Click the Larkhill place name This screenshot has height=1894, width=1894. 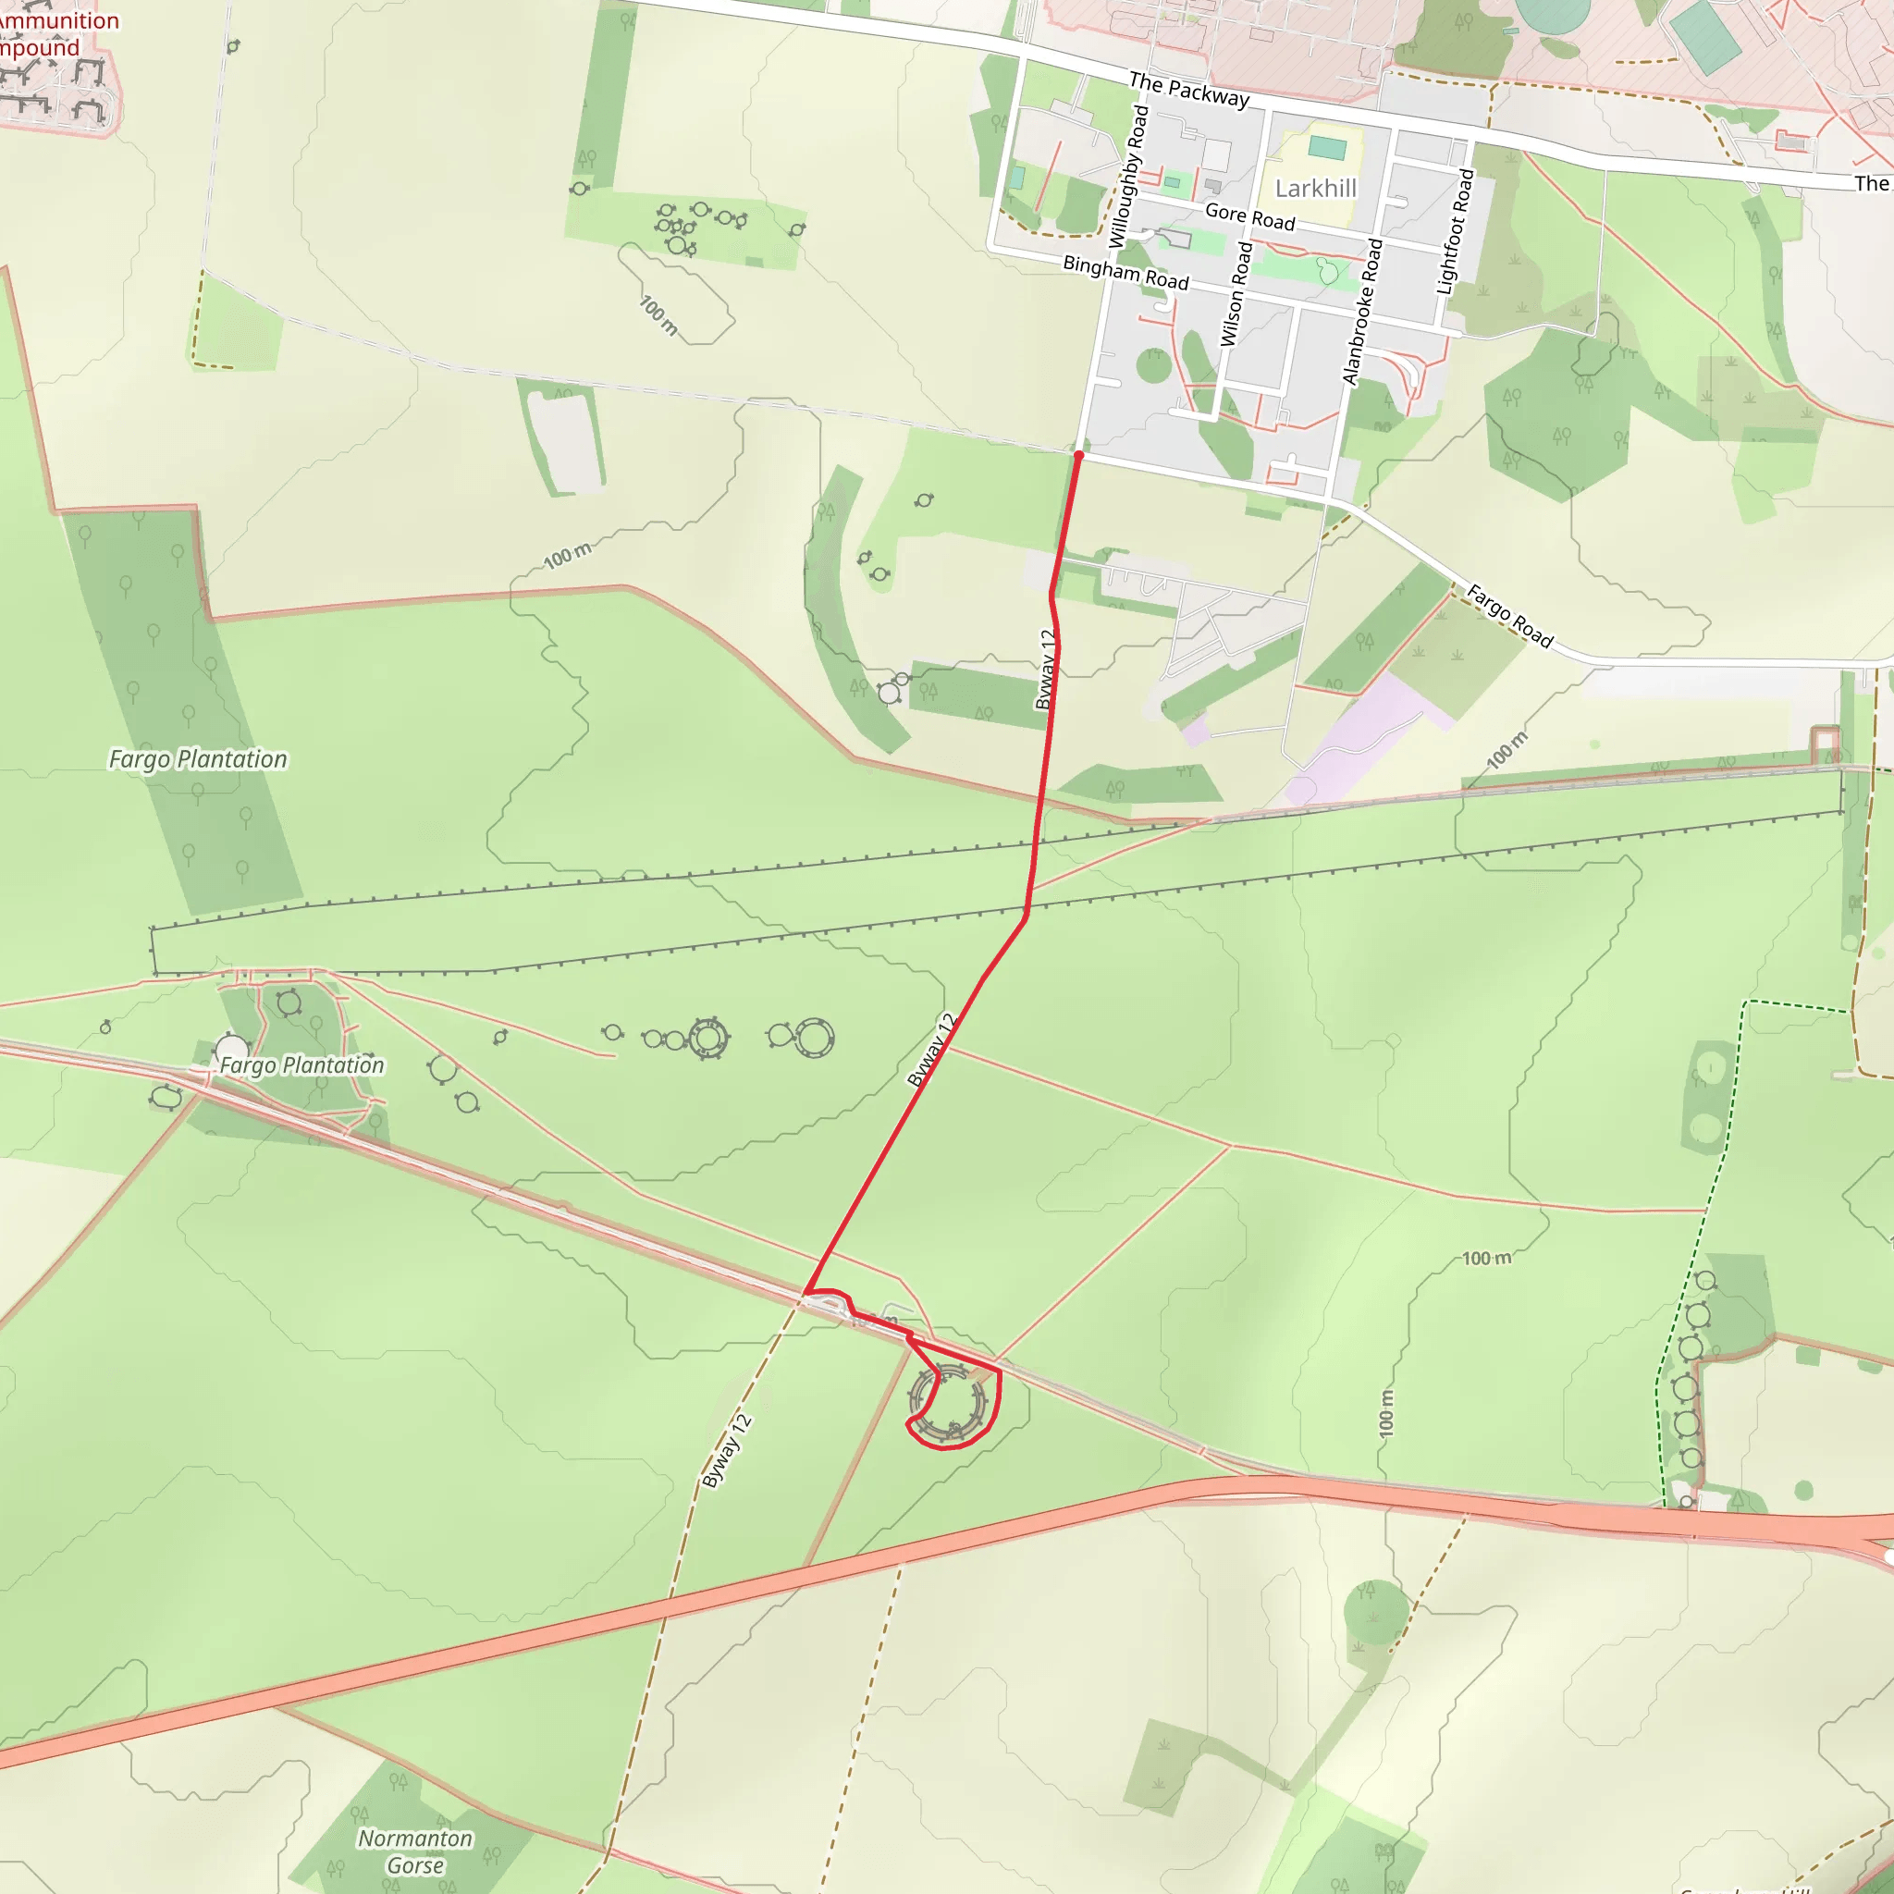click(x=1316, y=189)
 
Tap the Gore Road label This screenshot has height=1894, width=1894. click(x=1250, y=216)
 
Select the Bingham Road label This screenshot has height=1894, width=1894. click(x=1125, y=273)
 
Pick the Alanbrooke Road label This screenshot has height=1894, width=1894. click(x=1361, y=312)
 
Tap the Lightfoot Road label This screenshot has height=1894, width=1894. click(x=1455, y=231)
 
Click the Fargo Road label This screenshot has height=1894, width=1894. click(x=1508, y=616)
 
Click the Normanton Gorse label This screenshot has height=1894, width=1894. click(x=414, y=1851)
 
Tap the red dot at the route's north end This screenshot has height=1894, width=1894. click(x=1078, y=456)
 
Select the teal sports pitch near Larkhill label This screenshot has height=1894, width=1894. click(x=1327, y=148)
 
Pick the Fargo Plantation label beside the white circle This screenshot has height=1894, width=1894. click(x=301, y=1065)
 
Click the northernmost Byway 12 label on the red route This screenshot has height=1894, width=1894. click(x=1047, y=670)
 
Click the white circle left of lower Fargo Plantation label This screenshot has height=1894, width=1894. click(x=231, y=1048)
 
